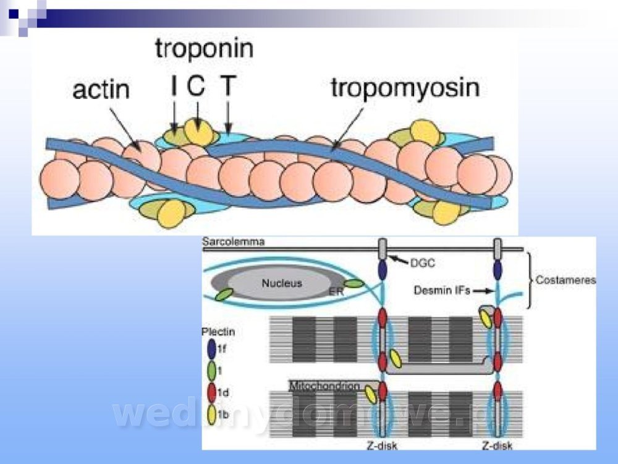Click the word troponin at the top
click(x=204, y=48)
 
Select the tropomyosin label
click(x=405, y=87)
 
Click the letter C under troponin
click(x=197, y=86)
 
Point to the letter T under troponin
click(x=228, y=86)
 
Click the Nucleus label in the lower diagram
click(x=281, y=283)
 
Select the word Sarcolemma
click(x=234, y=242)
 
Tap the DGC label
click(x=423, y=263)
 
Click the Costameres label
click(x=565, y=280)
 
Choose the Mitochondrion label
click(x=324, y=385)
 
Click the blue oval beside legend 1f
click(x=211, y=350)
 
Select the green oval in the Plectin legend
click(x=211, y=371)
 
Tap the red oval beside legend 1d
click(x=211, y=393)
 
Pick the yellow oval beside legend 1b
click(x=211, y=415)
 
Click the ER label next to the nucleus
click(x=336, y=290)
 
